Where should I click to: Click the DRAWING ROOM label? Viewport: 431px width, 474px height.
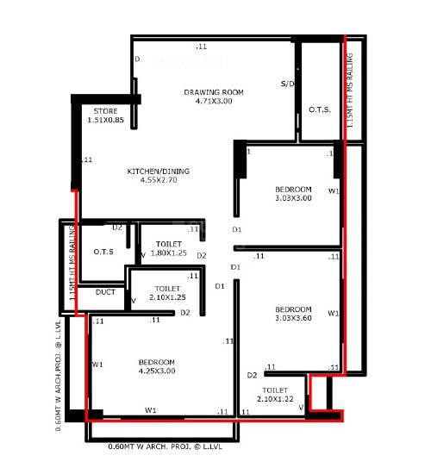click(x=214, y=91)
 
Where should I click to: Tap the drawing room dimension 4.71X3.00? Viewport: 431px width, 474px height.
click(x=214, y=102)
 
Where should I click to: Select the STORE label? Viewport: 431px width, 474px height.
click(x=105, y=111)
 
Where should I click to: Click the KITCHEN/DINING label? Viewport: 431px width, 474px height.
click(x=159, y=172)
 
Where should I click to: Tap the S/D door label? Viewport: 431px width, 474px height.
click(x=288, y=84)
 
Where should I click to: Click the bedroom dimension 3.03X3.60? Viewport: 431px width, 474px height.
click(x=293, y=319)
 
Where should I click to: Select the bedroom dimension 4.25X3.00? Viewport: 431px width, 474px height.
click(x=156, y=371)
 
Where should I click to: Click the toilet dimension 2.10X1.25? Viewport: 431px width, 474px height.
click(x=167, y=297)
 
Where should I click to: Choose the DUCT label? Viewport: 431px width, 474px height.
click(x=105, y=292)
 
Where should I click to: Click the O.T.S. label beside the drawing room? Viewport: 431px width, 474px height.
click(x=321, y=110)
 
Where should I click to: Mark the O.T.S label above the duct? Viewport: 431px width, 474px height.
click(x=105, y=252)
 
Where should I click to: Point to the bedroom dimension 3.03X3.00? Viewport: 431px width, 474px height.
click(x=293, y=197)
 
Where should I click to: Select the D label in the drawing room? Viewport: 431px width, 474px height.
click(x=137, y=59)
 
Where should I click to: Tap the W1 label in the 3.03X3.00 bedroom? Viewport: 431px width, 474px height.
click(x=334, y=190)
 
